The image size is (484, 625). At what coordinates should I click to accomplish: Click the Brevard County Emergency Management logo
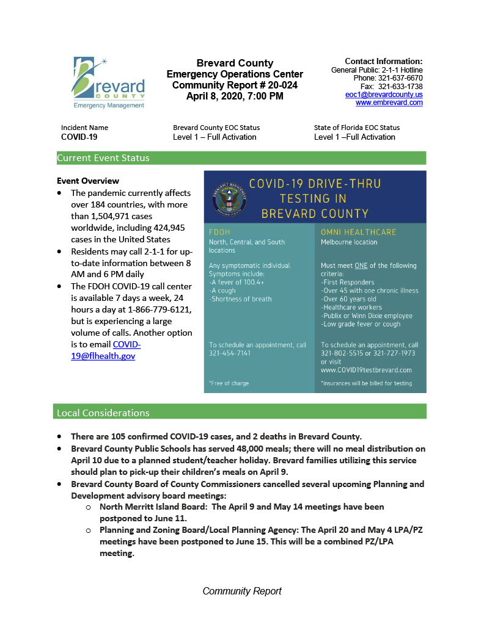tap(109, 82)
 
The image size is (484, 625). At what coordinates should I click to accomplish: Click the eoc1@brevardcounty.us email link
tap(383, 95)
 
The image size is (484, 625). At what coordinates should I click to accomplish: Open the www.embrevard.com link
tap(389, 103)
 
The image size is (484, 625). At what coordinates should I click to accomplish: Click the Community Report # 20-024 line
tap(235, 85)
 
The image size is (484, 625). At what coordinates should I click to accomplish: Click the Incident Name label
tap(84, 128)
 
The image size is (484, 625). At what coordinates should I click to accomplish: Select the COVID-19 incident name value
tap(79, 137)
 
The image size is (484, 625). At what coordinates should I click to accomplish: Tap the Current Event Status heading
tap(103, 158)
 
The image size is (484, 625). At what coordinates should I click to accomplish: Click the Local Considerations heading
tap(103, 413)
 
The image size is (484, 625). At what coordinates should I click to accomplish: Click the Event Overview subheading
tap(88, 181)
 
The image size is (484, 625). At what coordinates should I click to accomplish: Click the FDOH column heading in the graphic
tap(220, 232)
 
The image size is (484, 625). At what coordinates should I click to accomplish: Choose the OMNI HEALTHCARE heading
tap(358, 232)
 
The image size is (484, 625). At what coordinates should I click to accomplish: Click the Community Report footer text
tap(242, 591)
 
